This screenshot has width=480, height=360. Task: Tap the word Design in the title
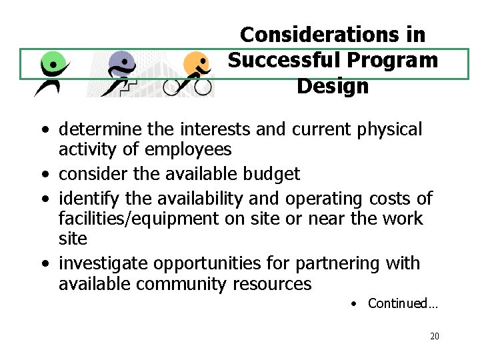click(x=332, y=86)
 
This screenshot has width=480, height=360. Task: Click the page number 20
click(x=435, y=336)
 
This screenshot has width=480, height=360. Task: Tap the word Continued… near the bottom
click(x=403, y=304)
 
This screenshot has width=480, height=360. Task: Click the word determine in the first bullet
click(x=99, y=129)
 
